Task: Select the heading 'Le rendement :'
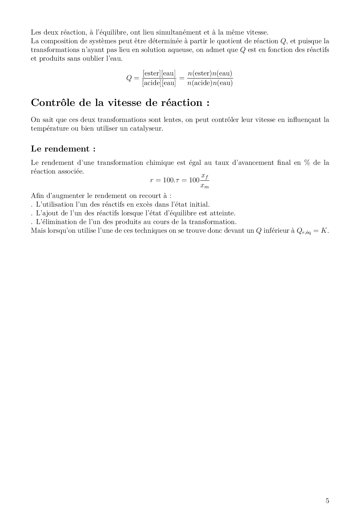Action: [x=63, y=149]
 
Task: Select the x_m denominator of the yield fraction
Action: [x=205, y=186]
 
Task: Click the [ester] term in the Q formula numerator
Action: [x=151, y=73]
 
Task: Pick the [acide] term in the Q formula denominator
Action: [x=151, y=83]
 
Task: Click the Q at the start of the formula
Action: [x=129, y=78]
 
